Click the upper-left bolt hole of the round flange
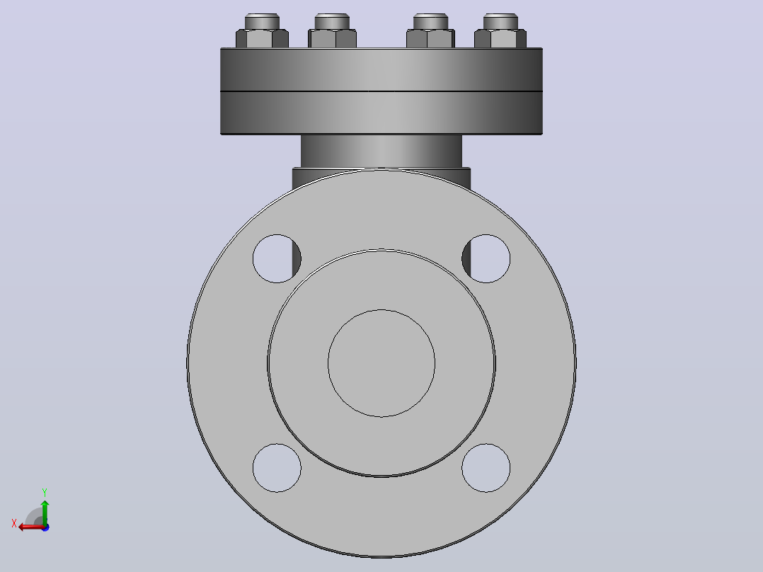pos(277,258)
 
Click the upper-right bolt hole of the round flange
pos(486,258)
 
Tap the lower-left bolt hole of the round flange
pos(277,468)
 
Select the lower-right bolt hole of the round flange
pos(486,468)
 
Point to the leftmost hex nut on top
pos(263,38)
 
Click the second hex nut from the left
pos(333,38)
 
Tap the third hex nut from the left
pos(430,38)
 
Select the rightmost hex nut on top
pos(500,38)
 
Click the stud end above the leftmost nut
pos(263,21)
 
